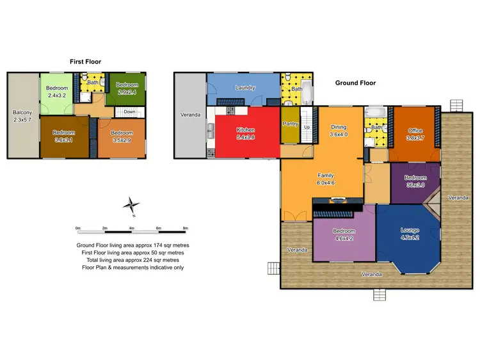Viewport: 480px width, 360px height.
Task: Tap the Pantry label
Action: (x=291, y=124)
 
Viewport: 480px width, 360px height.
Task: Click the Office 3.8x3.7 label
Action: (x=415, y=134)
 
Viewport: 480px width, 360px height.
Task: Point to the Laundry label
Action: (x=245, y=88)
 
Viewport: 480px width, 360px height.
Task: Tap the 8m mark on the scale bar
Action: (x=185, y=228)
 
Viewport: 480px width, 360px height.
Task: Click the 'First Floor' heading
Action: (x=85, y=61)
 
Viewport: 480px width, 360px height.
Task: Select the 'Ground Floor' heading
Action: (x=355, y=83)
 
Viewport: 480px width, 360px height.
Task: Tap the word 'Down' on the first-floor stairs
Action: (x=129, y=111)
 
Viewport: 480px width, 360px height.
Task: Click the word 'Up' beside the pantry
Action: (x=307, y=127)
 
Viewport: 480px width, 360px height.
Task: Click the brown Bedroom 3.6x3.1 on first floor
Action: (x=64, y=136)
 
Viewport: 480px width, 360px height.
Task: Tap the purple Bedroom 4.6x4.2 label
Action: (x=343, y=234)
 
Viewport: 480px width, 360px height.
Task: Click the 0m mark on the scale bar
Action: (x=77, y=228)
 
